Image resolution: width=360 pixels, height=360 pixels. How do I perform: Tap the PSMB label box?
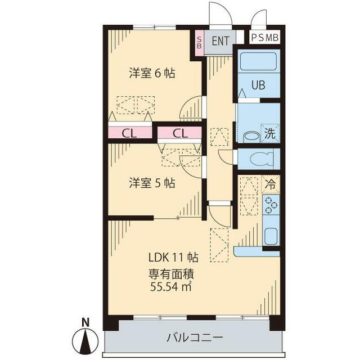(x=264, y=38)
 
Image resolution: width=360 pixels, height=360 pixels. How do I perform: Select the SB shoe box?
(x=199, y=43)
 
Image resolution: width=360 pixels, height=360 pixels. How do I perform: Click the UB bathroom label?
(x=258, y=86)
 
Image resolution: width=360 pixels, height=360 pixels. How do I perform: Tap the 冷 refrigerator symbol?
(x=271, y=183)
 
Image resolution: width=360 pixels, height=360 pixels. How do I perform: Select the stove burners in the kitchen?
(x=271, y=205)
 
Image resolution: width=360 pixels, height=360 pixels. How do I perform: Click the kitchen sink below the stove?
(x=271, y=235)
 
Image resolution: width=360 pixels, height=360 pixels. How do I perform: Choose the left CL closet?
(x=130, y=133)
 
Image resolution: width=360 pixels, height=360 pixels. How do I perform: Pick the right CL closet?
(x=179, y=133)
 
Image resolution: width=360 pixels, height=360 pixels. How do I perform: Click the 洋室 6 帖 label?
(x=151, y=73)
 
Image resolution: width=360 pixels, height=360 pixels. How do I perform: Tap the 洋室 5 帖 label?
(x=151, y=183)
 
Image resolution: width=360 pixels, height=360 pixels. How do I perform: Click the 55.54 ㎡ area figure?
(x=172, y=287)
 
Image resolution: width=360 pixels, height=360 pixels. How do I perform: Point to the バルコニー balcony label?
(x=195, y=338)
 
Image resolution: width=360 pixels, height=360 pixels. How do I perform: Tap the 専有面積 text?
(x=171, y=274)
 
